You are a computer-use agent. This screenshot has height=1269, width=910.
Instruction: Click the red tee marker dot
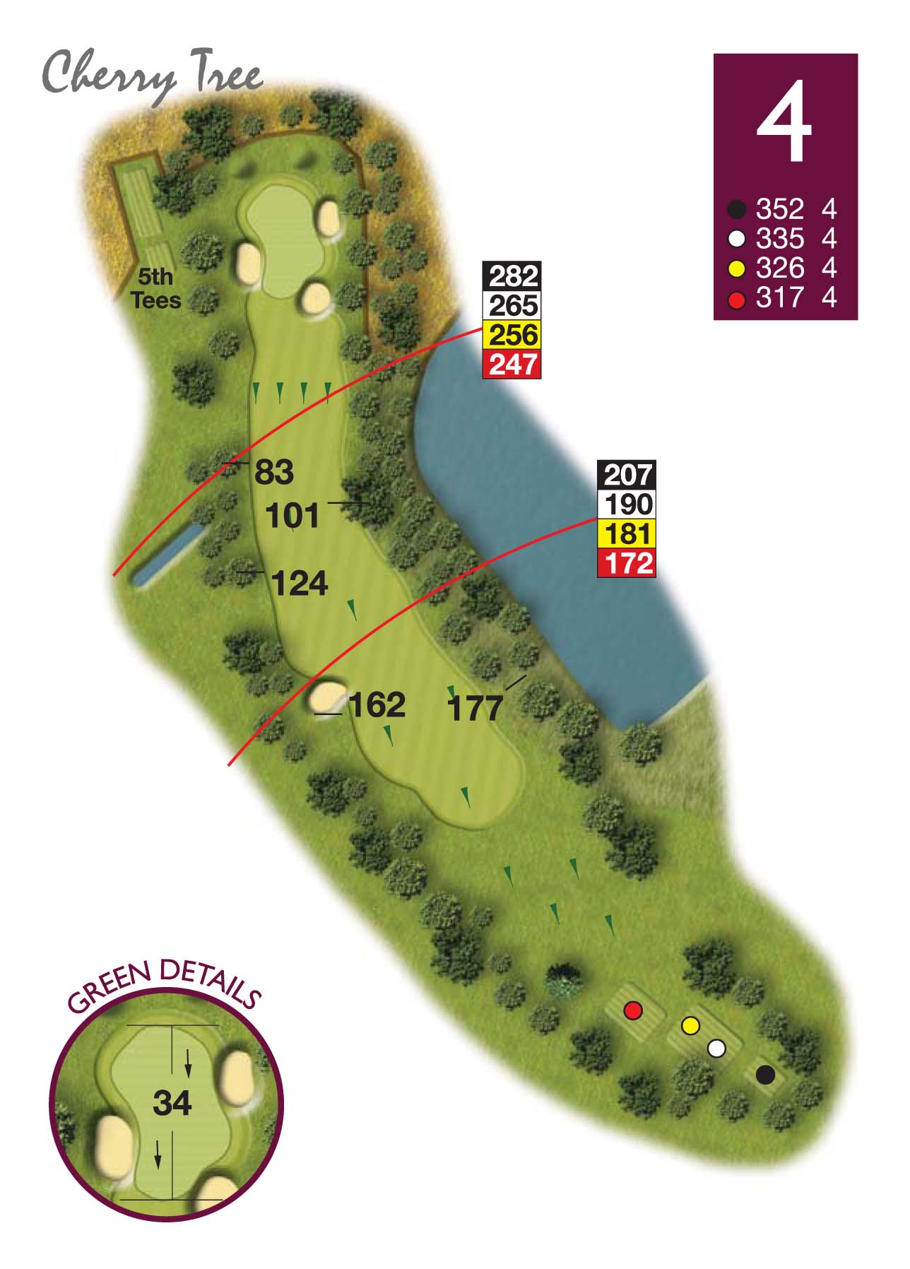pyautogui.click(x=633, y=1010)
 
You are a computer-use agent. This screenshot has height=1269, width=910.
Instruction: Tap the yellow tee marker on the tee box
pyautogui.click(x=690, y=1025)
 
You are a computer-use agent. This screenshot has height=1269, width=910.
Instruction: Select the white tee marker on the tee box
pyautogui.click(x=716, y=1049)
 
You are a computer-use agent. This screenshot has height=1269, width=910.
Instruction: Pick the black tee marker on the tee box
pyautogui.click(x=765, y=1075)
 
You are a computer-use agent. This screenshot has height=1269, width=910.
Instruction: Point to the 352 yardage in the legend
pyautogui.click(x=779, y=209)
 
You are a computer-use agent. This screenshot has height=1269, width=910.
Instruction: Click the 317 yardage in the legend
pyautogui.click(x=779, y=297)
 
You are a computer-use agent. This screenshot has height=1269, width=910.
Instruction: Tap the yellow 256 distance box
pyautogui.click(x=512, y=335)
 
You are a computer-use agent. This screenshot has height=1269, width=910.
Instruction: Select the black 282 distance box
pyautogui.click(x=512, y=276)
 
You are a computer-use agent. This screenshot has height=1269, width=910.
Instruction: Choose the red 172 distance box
pyautogui.click(x=627, y=563)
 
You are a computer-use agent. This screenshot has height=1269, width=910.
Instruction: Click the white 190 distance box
pyautogui.click(x=627, y=504)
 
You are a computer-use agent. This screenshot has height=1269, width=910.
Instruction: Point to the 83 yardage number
pyautogui.click(x=273, y=472)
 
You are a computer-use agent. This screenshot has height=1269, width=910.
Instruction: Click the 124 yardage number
pyautogui.click(x=300, y=584)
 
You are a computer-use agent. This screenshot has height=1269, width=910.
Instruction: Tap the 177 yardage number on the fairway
pyautogui.click(x=475, y=708)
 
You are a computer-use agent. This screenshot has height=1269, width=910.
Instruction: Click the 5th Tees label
pyautogui.click(x=156, y=288)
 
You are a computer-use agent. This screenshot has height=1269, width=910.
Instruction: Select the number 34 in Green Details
pyautogui.click(x=172, y=1103)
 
